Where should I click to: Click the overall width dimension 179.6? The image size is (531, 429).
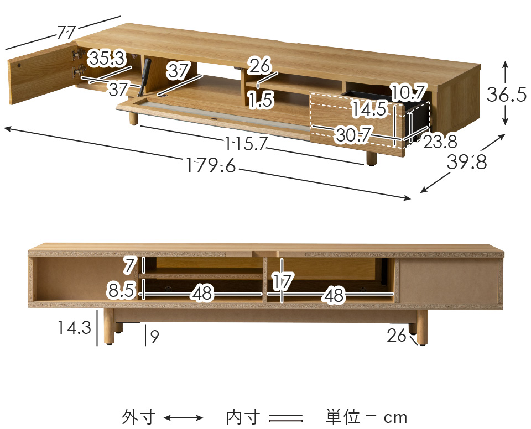pos(211,165)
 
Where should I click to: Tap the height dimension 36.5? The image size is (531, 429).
pos(506,95)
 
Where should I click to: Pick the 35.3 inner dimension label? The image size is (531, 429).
pos(107,57)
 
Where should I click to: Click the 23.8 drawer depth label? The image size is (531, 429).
pos(440,142)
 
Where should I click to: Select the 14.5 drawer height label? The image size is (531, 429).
pos(369,109)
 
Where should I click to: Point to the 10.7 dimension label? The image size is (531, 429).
pos(408,91)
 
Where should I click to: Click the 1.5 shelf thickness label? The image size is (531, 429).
pos(260,100)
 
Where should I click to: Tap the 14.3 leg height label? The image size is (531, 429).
pos(74,328)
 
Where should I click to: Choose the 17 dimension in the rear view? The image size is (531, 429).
pos(282,282)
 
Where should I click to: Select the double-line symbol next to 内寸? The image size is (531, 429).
pos(285,418)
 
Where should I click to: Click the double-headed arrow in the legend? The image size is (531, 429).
pos(184,418)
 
